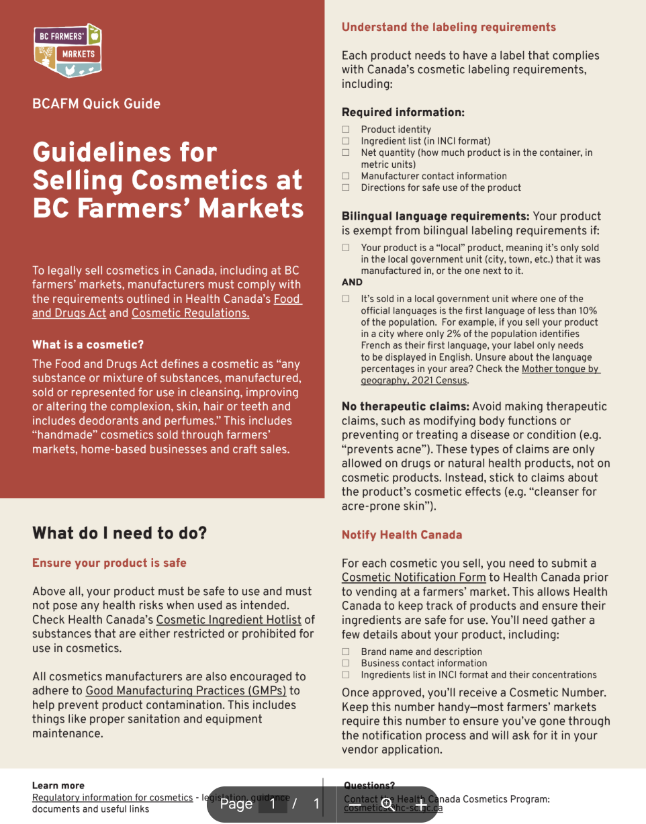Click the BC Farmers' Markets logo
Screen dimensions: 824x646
pos(68,52)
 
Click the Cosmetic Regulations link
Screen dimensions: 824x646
pos(190,313)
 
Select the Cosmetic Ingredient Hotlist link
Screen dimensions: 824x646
pos(228,620)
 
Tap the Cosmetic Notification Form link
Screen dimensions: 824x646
pos(413,578)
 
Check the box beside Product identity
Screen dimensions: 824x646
pos(346,130)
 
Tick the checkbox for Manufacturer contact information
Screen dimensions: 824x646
pos(346,176)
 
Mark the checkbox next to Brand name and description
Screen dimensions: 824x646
pos(346,652)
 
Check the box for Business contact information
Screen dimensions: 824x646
pos(346,663)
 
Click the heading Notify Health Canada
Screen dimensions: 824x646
pos(402,535)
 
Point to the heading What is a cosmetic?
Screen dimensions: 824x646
pos(88,345)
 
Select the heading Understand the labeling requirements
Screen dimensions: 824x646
pos(449,28)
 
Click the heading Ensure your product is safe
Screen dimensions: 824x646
pos(109,563)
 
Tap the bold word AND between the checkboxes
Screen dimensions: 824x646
pos(352,283)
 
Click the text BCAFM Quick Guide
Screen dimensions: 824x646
pos(96,104)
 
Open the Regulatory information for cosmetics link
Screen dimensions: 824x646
pos(112,798)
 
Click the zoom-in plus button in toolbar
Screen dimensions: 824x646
pos(421,804)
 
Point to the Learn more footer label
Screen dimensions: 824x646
pos(58,786)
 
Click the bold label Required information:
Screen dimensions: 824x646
pos(403,112)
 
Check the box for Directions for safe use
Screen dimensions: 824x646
pos(346,188)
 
